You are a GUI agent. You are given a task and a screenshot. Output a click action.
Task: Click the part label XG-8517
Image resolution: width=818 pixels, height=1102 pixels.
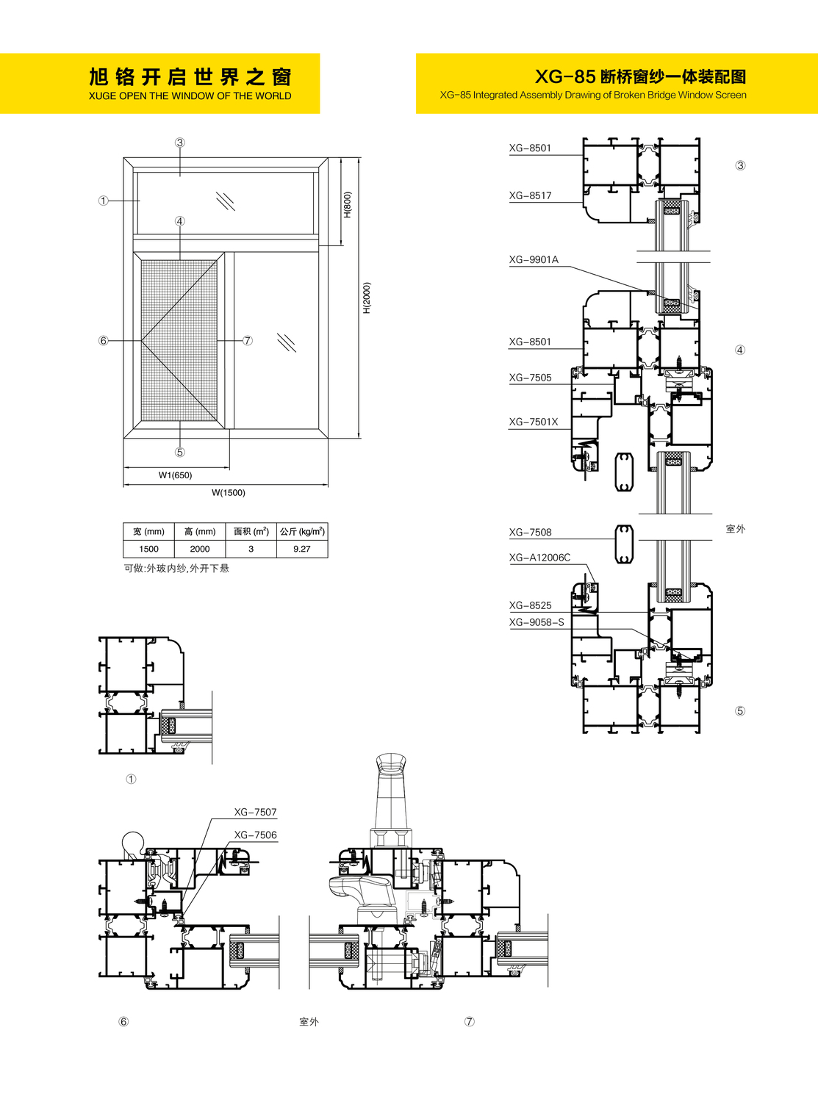coord(530,195)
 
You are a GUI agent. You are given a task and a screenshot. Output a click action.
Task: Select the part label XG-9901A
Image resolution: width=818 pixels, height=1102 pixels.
coord(534,259)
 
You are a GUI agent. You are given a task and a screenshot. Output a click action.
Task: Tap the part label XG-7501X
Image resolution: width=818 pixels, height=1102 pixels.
coord(533,422)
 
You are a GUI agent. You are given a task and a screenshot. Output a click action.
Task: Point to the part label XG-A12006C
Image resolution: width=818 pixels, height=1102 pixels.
coord(539,558)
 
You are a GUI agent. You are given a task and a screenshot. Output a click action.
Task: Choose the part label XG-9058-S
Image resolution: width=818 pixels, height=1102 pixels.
coord(537,622)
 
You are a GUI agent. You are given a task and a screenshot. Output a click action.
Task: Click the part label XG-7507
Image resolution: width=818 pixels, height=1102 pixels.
coord(255,813)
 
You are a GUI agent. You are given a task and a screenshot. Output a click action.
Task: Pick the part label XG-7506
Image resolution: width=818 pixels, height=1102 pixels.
coord(255,835)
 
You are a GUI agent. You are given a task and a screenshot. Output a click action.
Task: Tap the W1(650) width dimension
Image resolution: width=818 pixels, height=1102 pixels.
coord(175,475)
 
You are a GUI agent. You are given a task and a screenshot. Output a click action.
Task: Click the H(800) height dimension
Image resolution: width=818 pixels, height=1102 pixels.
coord(348,204)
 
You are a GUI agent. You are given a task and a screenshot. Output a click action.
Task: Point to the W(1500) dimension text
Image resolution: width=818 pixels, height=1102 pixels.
coord(229,492)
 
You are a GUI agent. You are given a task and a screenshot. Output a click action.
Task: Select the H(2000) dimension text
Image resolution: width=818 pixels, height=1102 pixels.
coord(367,298)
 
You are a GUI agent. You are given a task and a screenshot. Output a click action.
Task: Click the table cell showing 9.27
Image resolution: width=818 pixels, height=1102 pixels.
coord(302,549)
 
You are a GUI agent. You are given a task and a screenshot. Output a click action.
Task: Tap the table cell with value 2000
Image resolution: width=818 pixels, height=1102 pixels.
coord(200,549)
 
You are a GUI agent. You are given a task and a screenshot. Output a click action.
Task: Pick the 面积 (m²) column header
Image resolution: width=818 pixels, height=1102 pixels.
coord(251,532)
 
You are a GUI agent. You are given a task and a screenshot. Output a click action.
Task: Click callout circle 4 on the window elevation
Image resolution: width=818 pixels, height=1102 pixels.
coord(180,221)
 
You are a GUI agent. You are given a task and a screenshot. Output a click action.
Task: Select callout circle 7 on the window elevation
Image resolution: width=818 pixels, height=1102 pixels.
coord(248,340)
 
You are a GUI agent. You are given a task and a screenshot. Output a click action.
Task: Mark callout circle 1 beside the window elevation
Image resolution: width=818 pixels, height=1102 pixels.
coord(104,201)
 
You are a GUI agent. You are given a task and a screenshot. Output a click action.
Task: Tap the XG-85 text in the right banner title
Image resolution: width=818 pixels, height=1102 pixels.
coord(565,76)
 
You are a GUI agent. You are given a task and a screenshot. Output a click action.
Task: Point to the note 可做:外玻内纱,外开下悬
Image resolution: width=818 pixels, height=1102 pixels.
coord(176,569)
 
